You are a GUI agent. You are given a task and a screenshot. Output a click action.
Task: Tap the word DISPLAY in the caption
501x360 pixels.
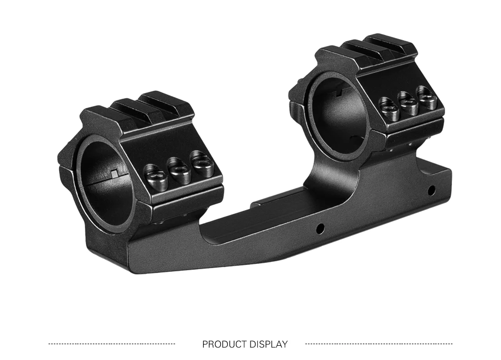(268, 344)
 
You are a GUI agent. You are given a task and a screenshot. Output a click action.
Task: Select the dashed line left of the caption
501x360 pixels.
(112, 344)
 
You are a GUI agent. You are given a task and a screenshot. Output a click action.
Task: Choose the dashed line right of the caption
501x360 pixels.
(379, 344)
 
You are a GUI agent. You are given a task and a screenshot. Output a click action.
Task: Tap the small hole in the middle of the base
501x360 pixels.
(319, 228)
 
